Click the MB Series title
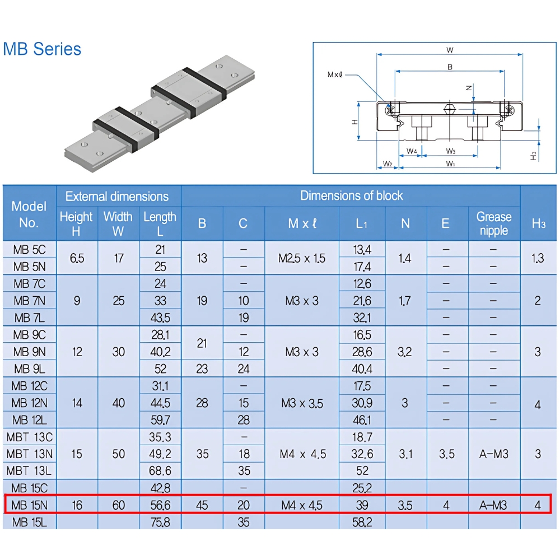(x=42, y=49)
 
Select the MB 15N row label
(x=29, y=505)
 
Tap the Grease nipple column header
(x=493, y=223)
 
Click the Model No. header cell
(x=29, y=214)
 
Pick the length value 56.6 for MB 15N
(x=160, y=505)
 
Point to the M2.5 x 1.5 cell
(x=302, y=258)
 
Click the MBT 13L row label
(x=29, y=470)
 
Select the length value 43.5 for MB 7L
(x=160, y=318)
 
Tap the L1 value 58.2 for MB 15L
(x=362, y=522)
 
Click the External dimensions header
(x=117, y=197)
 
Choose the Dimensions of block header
(x=351, y=195)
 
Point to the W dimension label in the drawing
(x=450, y=50)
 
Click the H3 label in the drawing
(x=534, y=155)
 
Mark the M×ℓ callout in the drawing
(x=335, y=73)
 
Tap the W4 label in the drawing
(x=412, y=151)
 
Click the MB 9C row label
(x=29, y=335)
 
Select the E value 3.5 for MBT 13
(x=446, y=454)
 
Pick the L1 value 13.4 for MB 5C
(x=362, y=249)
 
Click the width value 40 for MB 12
(x=119, y=403)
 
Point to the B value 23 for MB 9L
(x=202, y=369)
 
